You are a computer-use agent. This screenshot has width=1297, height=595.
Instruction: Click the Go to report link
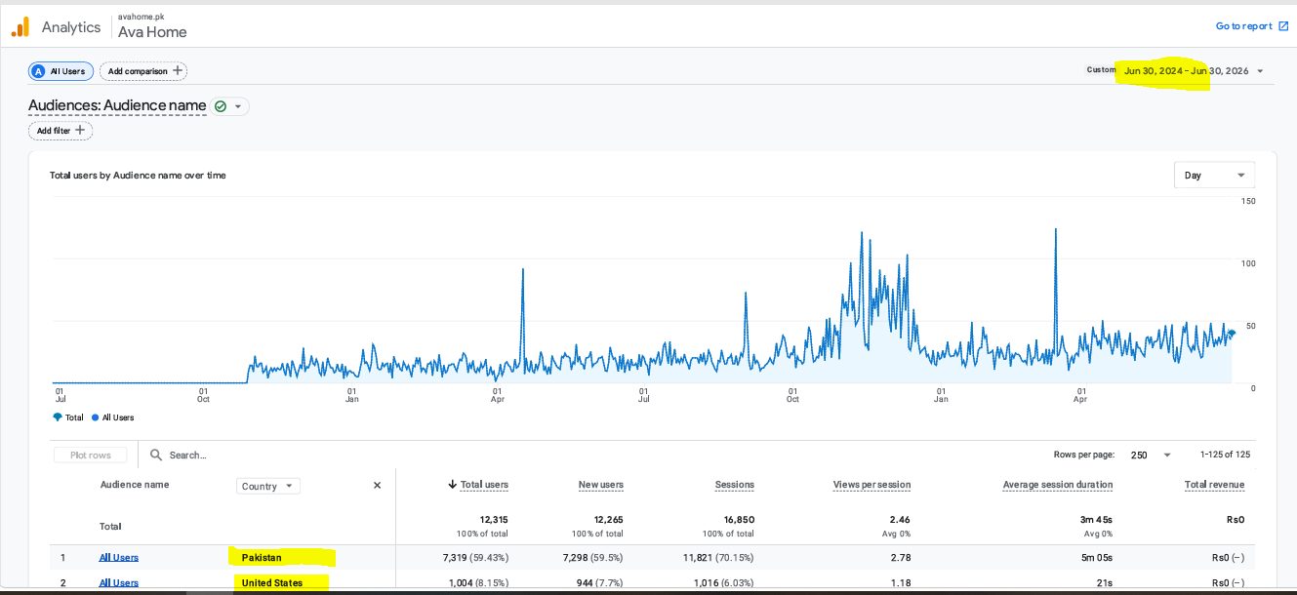[x=1251, y=26]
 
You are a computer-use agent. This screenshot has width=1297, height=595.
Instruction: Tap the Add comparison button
[x=143, y=71]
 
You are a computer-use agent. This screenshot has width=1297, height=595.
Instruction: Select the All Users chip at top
[x=61, y=71]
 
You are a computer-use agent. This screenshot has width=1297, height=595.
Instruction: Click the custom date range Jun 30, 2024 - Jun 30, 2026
[x=1186, y=71]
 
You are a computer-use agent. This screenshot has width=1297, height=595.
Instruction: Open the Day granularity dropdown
[x=1214, y=175]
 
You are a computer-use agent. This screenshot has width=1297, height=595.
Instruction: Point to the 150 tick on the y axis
[x=1248, y=201]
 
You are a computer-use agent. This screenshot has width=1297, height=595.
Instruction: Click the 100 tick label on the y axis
[x=1248, y=263]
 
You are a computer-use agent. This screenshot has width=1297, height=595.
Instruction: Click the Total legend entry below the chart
[x=68, y=417]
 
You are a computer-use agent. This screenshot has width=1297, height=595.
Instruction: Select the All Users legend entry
[x=113, y=417]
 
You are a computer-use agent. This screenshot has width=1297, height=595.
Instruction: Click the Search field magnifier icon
[x=156, y=455]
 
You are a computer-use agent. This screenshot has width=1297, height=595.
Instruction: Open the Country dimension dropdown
[x=267, y=486]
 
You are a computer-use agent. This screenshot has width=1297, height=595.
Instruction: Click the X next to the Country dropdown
[x=377, y=486]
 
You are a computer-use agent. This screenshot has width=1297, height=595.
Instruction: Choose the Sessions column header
[x=734, y=485]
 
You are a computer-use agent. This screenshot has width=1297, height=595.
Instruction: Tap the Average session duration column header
[x=1057, y=485]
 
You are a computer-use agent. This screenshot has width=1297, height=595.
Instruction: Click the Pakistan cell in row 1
[x=262, y=557]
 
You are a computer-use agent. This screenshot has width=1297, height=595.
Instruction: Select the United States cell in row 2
[x=272, y=583]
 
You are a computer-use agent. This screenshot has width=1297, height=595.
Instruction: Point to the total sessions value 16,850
[x=739, y=520]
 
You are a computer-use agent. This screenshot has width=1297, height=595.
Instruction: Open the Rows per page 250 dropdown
[x=1151, y=455]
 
